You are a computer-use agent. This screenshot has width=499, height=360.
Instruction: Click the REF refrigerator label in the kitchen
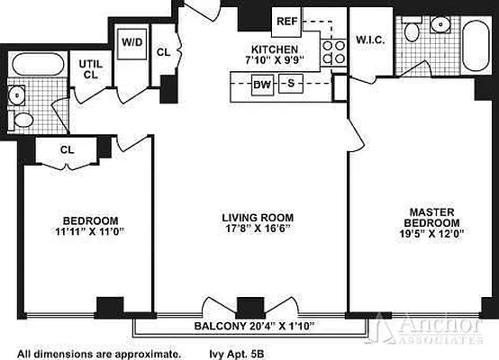click(287, 20)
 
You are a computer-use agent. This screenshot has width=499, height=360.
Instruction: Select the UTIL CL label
click(89, 68)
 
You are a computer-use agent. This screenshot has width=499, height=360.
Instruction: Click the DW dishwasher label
click(262, 85)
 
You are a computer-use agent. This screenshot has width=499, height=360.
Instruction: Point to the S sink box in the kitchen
click(290, 84)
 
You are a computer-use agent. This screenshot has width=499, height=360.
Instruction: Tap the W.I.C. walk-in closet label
click(370, 40)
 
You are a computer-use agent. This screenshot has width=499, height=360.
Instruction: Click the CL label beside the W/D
click(164, 52)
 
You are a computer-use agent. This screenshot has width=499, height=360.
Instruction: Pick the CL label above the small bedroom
click(67, 150)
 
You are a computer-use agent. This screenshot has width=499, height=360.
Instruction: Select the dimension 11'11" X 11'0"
click(90, 231)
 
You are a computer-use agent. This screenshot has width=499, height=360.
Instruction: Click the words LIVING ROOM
click(257, 217)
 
